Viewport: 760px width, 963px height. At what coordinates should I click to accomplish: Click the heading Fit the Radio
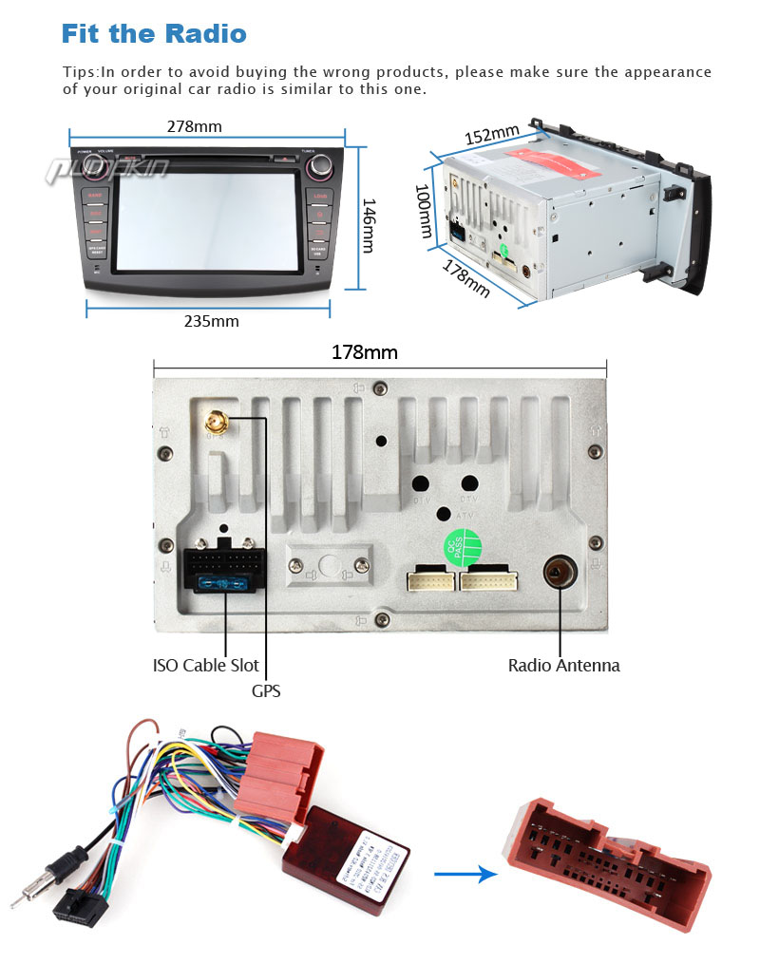tap(154, 34)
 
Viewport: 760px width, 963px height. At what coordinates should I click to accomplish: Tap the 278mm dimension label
tap(194, 126)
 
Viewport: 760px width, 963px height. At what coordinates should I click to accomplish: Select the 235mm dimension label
tap(211, 321)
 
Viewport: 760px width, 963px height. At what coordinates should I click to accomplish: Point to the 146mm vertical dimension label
tap(368, 226)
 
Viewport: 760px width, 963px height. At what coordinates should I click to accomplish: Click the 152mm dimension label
tap(492, 136)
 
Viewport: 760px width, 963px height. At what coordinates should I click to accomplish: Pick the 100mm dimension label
tap(424, 211)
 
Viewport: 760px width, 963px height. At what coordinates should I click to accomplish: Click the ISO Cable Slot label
tap(205, 665)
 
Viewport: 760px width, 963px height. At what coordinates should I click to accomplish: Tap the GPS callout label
tap(266, 691)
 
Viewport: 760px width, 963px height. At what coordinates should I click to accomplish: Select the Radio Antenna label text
tap(563, 666)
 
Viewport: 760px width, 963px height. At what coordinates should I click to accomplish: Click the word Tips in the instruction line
tap(80, 72)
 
